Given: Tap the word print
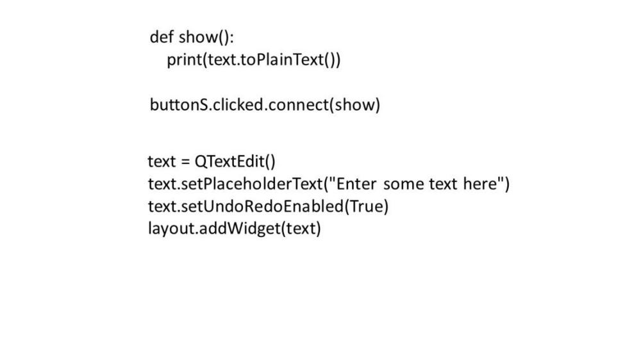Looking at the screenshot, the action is tap(185, 60).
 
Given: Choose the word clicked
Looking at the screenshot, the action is tap(238, 104).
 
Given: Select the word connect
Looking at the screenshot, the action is tap(299, 104).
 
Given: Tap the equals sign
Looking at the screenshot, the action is tap(186, 162).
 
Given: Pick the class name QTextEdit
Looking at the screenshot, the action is tap(229, 161).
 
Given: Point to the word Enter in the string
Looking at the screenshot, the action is tap(356, 184).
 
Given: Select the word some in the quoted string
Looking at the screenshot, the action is tap(403, 184).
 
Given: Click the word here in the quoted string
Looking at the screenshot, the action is tap(480, 184).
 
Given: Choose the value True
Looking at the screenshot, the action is tap(366, 206).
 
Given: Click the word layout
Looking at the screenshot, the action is tap(171, 229).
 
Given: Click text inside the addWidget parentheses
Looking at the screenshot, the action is tap(300, 229).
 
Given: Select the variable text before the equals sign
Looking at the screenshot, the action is tap(162, 162).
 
